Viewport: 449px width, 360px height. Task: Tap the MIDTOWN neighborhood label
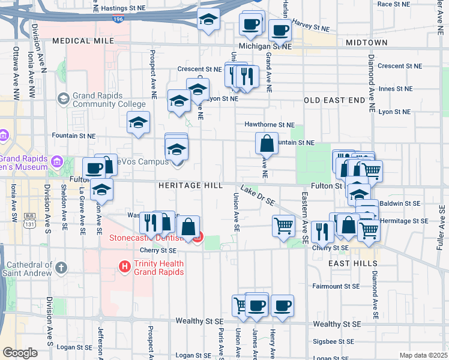pos(366,43)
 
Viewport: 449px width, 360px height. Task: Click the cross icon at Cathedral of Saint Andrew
pos(61,266)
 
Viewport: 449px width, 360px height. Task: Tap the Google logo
pos(20,352)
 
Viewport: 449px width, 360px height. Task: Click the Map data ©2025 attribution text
pos(423,355)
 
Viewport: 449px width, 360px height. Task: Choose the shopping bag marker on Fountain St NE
pos(267,144)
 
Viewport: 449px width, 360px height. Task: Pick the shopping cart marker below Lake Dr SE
pos(283,226)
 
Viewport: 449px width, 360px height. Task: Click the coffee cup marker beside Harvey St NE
pos(280,30)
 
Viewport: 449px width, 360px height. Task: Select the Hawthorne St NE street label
pos(270,125)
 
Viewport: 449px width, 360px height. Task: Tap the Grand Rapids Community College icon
pos(63,98)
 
